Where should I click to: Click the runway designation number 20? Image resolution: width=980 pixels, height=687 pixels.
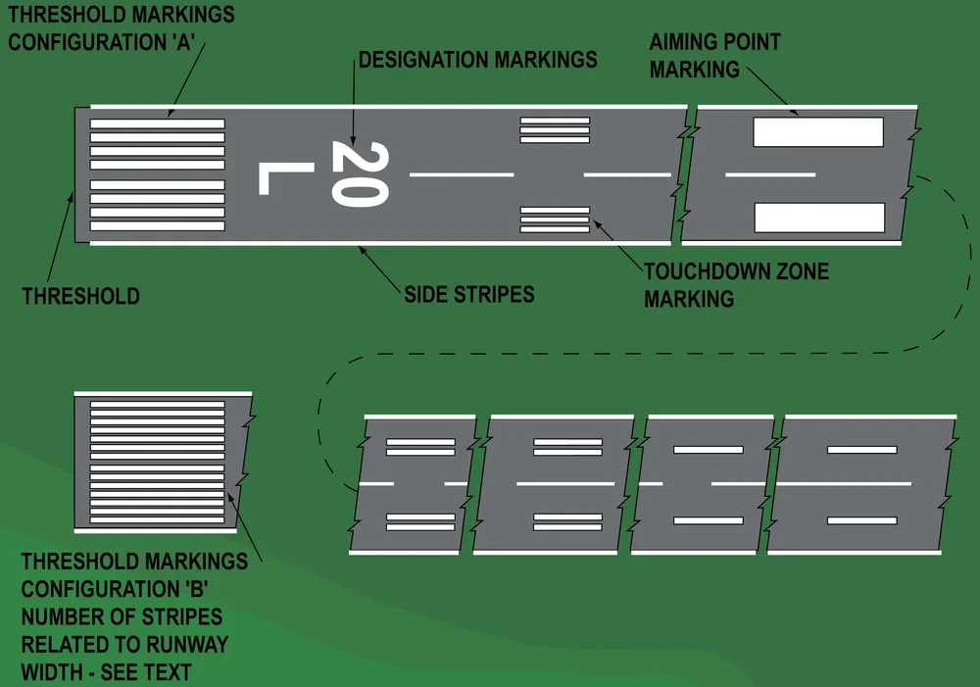click(360, 174)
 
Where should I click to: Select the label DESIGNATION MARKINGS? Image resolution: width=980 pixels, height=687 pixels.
click(477, 60)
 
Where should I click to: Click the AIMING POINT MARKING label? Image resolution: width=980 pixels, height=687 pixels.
click(714, 56)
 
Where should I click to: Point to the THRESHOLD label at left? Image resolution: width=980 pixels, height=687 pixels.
click(80, 296)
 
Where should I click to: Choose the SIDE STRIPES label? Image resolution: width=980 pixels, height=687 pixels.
click(469, 294)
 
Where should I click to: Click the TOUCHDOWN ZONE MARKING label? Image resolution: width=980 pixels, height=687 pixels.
click(736, 284)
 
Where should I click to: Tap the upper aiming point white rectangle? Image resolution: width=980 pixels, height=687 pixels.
click(818, 132)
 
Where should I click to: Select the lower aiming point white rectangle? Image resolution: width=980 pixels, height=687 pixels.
click(818, 218)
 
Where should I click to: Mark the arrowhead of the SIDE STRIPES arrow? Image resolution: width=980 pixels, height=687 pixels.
click(362, 248)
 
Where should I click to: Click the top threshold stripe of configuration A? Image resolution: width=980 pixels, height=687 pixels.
click(157, 123)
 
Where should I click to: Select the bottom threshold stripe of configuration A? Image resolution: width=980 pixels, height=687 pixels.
click(157, 226)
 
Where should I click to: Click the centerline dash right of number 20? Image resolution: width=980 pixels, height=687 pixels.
click(461, 175)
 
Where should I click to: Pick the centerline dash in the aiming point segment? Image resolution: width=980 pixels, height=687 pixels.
click(770, 175)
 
